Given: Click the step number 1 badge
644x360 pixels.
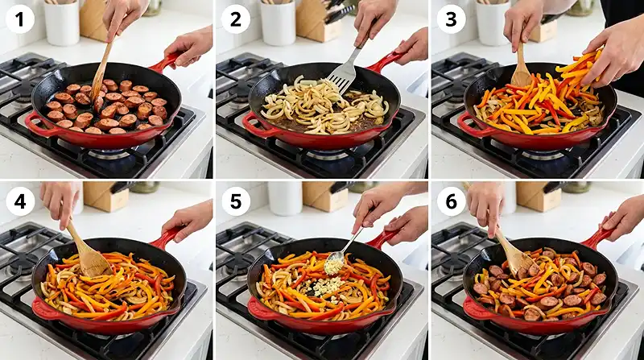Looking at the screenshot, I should click(19, 19).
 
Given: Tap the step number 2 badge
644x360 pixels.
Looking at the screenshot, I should click(235, 19).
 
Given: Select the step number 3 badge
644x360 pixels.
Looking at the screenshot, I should click(450, 19).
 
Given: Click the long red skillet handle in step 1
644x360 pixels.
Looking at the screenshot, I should click(164, 62).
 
